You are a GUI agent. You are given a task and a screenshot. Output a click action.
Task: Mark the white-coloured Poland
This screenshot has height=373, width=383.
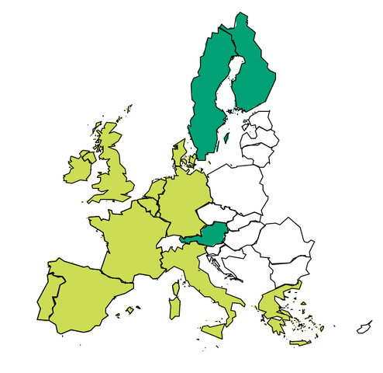236,186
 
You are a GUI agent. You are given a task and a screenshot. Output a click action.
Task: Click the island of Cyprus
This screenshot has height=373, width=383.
364,327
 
